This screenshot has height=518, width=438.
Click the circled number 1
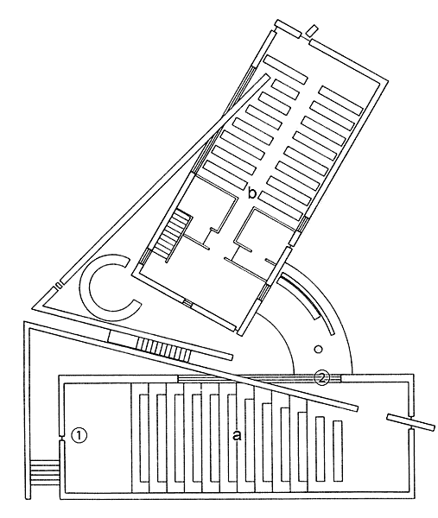pos(79,435)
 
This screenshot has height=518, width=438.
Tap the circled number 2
pos(321,378)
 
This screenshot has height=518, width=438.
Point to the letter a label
pos(237,436)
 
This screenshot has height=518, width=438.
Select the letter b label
pos(252,193)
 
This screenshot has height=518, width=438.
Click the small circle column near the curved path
pos(318,349)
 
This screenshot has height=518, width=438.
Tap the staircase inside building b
pos(172,235)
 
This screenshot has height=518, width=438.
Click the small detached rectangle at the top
pos(312,31)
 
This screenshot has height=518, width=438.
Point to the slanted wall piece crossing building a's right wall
pos(410,423)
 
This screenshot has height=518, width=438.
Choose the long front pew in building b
pos(286,70)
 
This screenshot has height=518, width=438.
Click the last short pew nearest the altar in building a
pos(337,452)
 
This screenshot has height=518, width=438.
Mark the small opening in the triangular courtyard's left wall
pos(58,285)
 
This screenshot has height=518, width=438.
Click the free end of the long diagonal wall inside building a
pos(355,408)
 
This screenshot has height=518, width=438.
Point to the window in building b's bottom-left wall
pos(187,303)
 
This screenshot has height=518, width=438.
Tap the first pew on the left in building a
pos(143,438)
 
